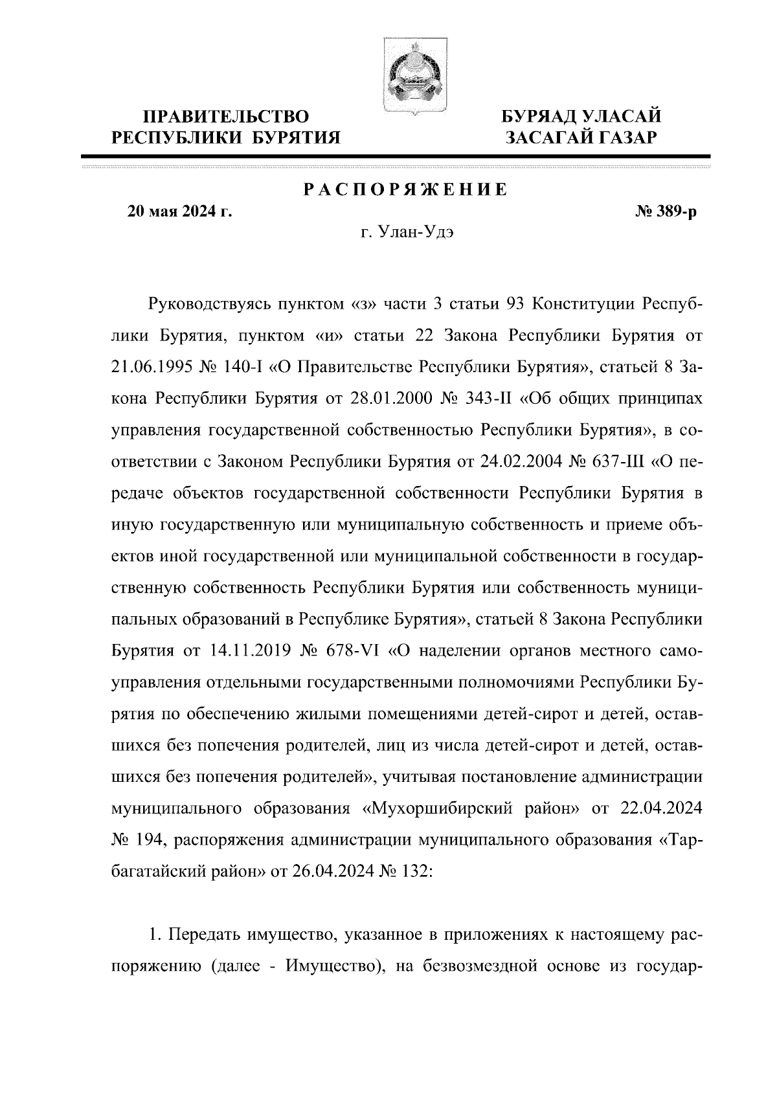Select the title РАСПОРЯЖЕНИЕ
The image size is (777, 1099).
pos(406,190)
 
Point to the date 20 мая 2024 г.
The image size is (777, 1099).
pos(179,212)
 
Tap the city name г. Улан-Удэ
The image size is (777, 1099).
pos(407,234)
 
